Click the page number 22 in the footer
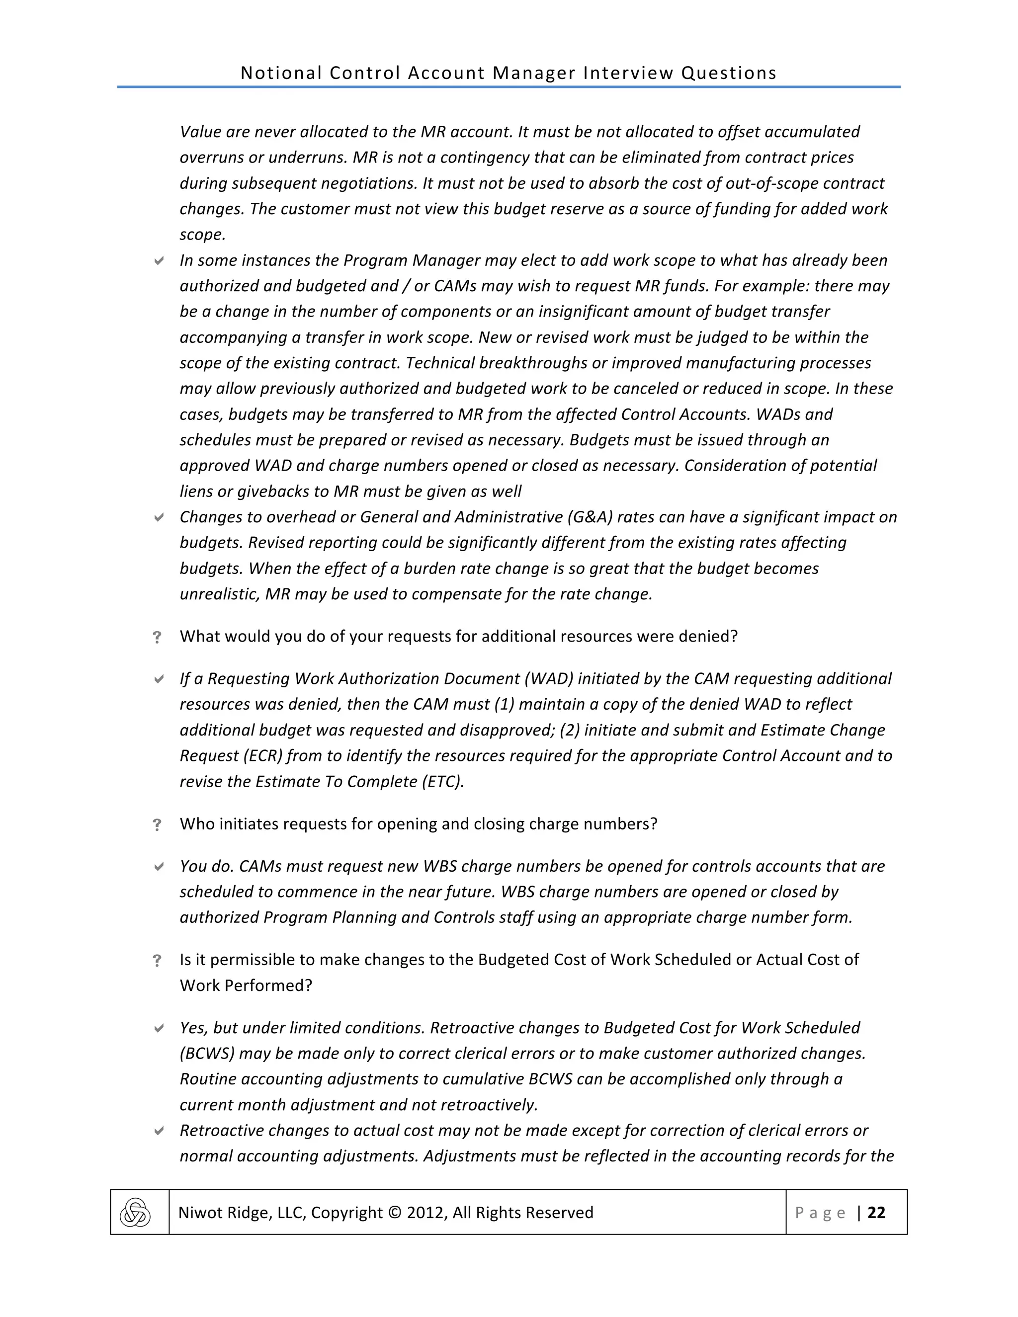click(x=876, y=1213)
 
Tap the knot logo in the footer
click(x=135, y=1213)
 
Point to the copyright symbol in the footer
click(x=394, y=1213)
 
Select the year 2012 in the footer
click(x=424, y=1213)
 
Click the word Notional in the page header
click(x=281, y=73)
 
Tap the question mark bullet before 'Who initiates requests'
click(x=158, y=825)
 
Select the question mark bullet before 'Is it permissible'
click(x=158, y=961)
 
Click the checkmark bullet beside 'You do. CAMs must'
click(x=159, y=867)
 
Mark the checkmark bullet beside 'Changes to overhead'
click(x=159, y=517)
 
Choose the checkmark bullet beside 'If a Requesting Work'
click(x=159, y=679)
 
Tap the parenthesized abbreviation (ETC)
click(x=443, y=782)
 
